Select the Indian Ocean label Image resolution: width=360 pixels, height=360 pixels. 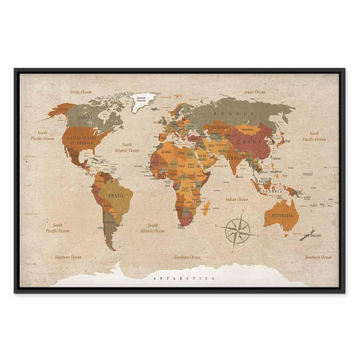coord(236,199)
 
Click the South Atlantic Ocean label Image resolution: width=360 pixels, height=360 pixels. coord(152,229)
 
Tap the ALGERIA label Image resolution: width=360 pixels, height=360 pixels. coord(164,152)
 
